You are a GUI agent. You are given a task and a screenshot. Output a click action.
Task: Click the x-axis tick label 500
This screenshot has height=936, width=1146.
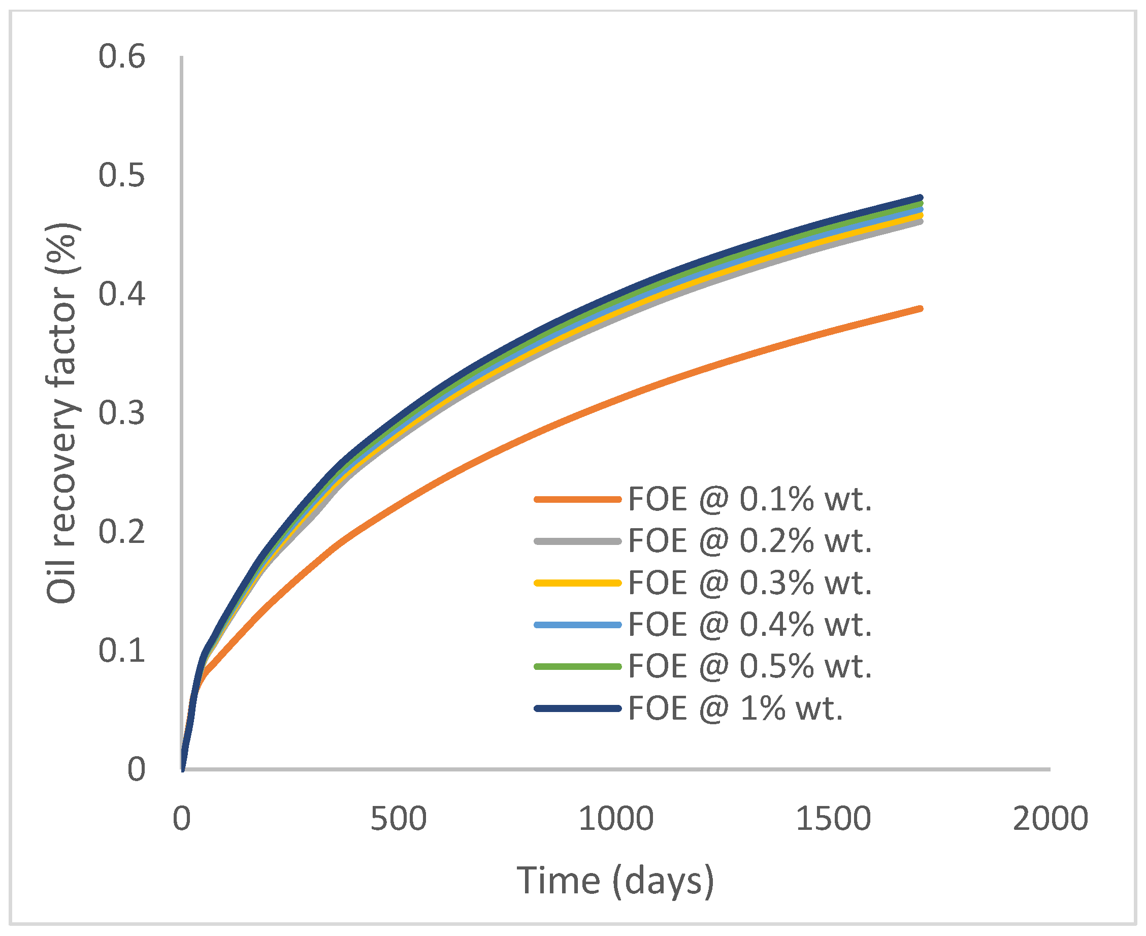tap(399, 819)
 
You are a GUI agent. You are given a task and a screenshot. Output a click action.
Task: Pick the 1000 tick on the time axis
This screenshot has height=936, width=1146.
tap(616, 819)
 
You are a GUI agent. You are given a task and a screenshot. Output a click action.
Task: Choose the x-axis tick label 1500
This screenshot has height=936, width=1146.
tap(833, 819)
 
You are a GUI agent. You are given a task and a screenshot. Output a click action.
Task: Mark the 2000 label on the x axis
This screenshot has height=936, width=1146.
tap(1051, 819)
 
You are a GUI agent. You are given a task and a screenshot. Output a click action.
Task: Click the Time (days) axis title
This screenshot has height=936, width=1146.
tap(615, 881)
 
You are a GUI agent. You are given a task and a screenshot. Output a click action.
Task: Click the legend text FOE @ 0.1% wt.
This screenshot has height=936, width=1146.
tap(750, 499)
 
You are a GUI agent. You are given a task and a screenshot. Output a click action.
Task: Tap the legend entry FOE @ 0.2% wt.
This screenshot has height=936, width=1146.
tap(750, 541)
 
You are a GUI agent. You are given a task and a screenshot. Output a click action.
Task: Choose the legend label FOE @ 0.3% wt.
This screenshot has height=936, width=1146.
tap(750, 583)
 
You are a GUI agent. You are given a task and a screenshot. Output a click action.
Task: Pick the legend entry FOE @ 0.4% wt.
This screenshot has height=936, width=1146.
tap(750, 624)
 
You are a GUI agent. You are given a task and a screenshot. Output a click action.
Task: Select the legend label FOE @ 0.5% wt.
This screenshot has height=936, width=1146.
tap(750, 666)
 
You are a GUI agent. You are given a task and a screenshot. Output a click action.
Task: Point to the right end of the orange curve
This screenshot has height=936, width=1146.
tap(920, 309)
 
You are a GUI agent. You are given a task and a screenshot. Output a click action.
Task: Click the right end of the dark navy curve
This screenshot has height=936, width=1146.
tap(920, 198)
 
